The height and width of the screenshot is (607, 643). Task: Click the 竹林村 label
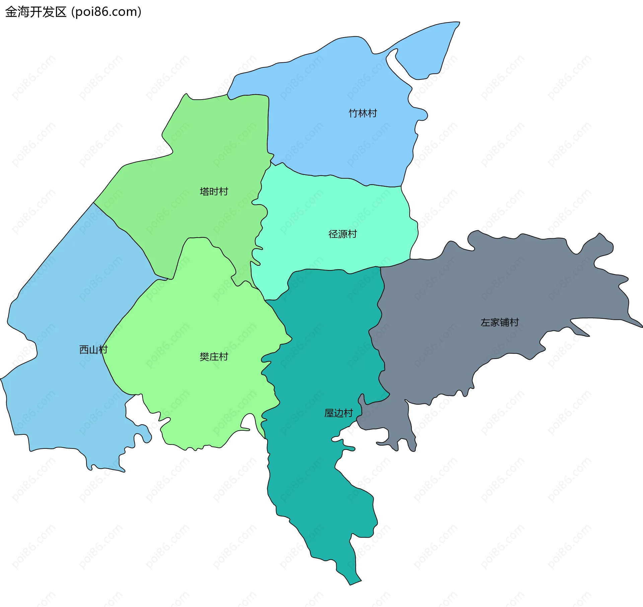point(363,113)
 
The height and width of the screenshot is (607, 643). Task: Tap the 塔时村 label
point(214,191)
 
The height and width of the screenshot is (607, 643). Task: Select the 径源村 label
point(343,234)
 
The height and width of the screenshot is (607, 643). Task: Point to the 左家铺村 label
point(500,322)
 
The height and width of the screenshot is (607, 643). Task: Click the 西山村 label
point(93,350)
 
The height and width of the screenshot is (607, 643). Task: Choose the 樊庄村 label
point(214,357)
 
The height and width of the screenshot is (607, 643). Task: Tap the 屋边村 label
point(339,413)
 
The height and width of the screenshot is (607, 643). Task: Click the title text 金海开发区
point(36,12)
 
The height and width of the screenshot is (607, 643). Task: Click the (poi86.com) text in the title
point(106,12)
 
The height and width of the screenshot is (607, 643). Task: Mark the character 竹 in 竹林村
point(353,113)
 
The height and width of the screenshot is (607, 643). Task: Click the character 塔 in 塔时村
point(204,191)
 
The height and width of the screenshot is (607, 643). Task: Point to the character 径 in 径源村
point(333,234)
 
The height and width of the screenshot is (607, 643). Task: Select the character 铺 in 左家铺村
point(505,322)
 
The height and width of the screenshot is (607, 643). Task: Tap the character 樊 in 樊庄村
point(204,357)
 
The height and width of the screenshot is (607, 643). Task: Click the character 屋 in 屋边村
point(329,413)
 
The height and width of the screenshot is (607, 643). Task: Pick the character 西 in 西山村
point(84,350)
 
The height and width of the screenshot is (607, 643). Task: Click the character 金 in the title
point(11,12)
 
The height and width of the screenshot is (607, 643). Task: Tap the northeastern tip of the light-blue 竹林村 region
point(459,23)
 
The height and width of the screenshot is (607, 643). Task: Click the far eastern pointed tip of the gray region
point(642,326)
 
